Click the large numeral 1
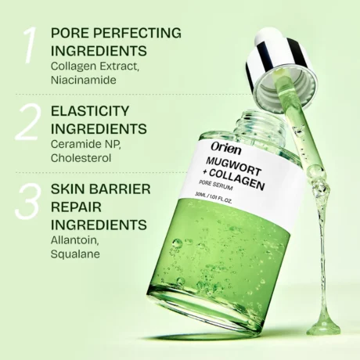coord(27,46)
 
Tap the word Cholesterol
coord(81,157)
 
